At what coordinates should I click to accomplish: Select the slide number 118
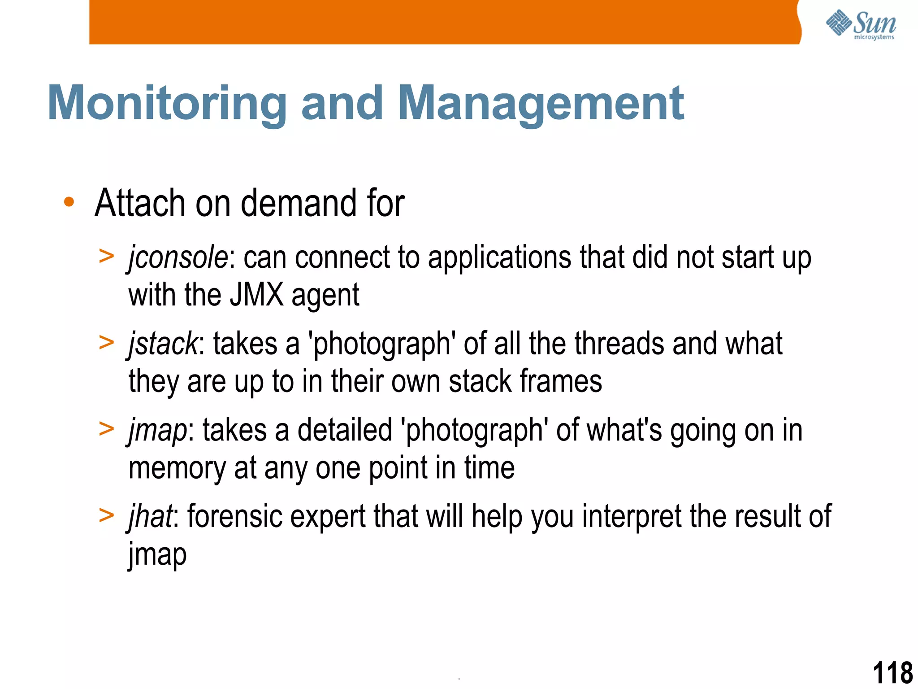pos(892,673)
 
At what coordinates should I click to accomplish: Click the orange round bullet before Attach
pos(69,202)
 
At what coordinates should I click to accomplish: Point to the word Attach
pos(139,203)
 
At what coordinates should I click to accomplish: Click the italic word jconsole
pos(178,258)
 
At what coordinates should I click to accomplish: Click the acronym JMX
pos(256,295)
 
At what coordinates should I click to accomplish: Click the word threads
pos(619,344)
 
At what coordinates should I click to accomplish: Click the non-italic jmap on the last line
pos(157,554)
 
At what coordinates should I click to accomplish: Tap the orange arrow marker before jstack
pos(107,343)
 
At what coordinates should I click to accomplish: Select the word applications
pos(499,258)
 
